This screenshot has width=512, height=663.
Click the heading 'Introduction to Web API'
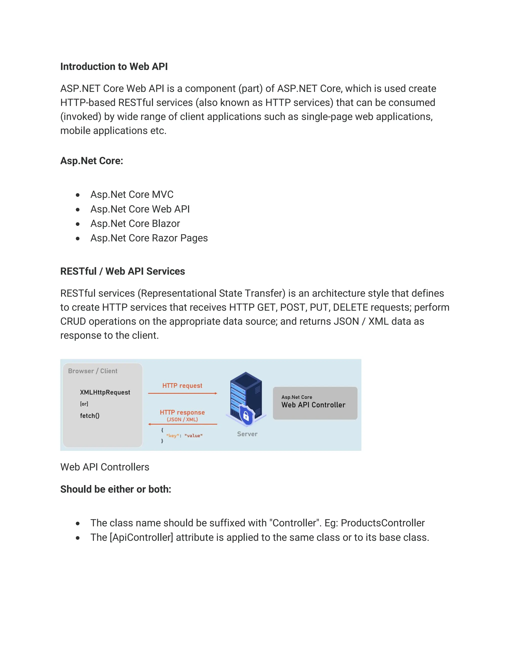[x=114, y=67]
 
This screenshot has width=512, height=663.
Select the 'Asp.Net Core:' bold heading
[x=91, y=161]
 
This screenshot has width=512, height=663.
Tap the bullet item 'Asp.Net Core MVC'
[x=132, y=194]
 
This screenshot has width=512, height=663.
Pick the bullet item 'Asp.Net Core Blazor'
[x=135, y=223]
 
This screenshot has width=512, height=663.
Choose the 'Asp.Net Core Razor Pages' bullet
[x=149, y=238]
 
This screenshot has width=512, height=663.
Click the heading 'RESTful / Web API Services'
[x=122, y=271]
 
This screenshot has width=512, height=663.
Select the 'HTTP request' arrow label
[x=182, y=386]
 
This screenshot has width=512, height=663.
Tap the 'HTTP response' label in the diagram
[x=182, y=412]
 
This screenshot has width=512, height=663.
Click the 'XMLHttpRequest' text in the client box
[x=105, y=392]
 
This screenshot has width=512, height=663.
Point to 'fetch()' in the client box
[x=89, y=416]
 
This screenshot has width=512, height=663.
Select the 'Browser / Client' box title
[x=92, y=371]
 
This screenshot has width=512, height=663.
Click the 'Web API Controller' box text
[x=313, y=405]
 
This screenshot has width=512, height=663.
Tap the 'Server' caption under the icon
[x=247, y=434]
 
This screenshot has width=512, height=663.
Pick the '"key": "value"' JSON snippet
[x=184, y=436]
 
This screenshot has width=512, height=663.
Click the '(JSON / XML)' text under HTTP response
[x=182, y=420]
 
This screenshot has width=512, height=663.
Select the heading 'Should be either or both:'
[x=115, y=489]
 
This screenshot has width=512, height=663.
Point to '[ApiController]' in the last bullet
[x=141, y=537]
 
